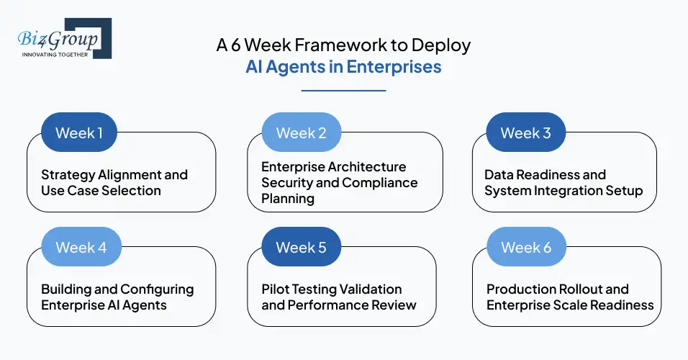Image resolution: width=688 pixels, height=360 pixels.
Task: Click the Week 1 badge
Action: pos(79,132)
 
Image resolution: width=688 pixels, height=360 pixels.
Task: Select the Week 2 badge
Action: pos(301,132)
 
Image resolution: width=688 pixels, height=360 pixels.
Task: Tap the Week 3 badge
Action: pos(525,132)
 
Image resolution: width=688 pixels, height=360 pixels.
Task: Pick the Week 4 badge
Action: pos(81,247)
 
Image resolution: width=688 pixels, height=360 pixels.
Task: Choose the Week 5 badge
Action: pos(301,247)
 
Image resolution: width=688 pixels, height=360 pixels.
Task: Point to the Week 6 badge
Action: pos(526,247)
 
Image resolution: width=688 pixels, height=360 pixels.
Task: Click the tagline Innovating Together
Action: pos(55,54)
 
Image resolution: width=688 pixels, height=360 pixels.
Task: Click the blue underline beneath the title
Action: pos(343,91)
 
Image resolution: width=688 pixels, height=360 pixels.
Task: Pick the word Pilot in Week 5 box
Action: pos(276,289)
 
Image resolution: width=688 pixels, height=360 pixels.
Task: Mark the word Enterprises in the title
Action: pos(399,67)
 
